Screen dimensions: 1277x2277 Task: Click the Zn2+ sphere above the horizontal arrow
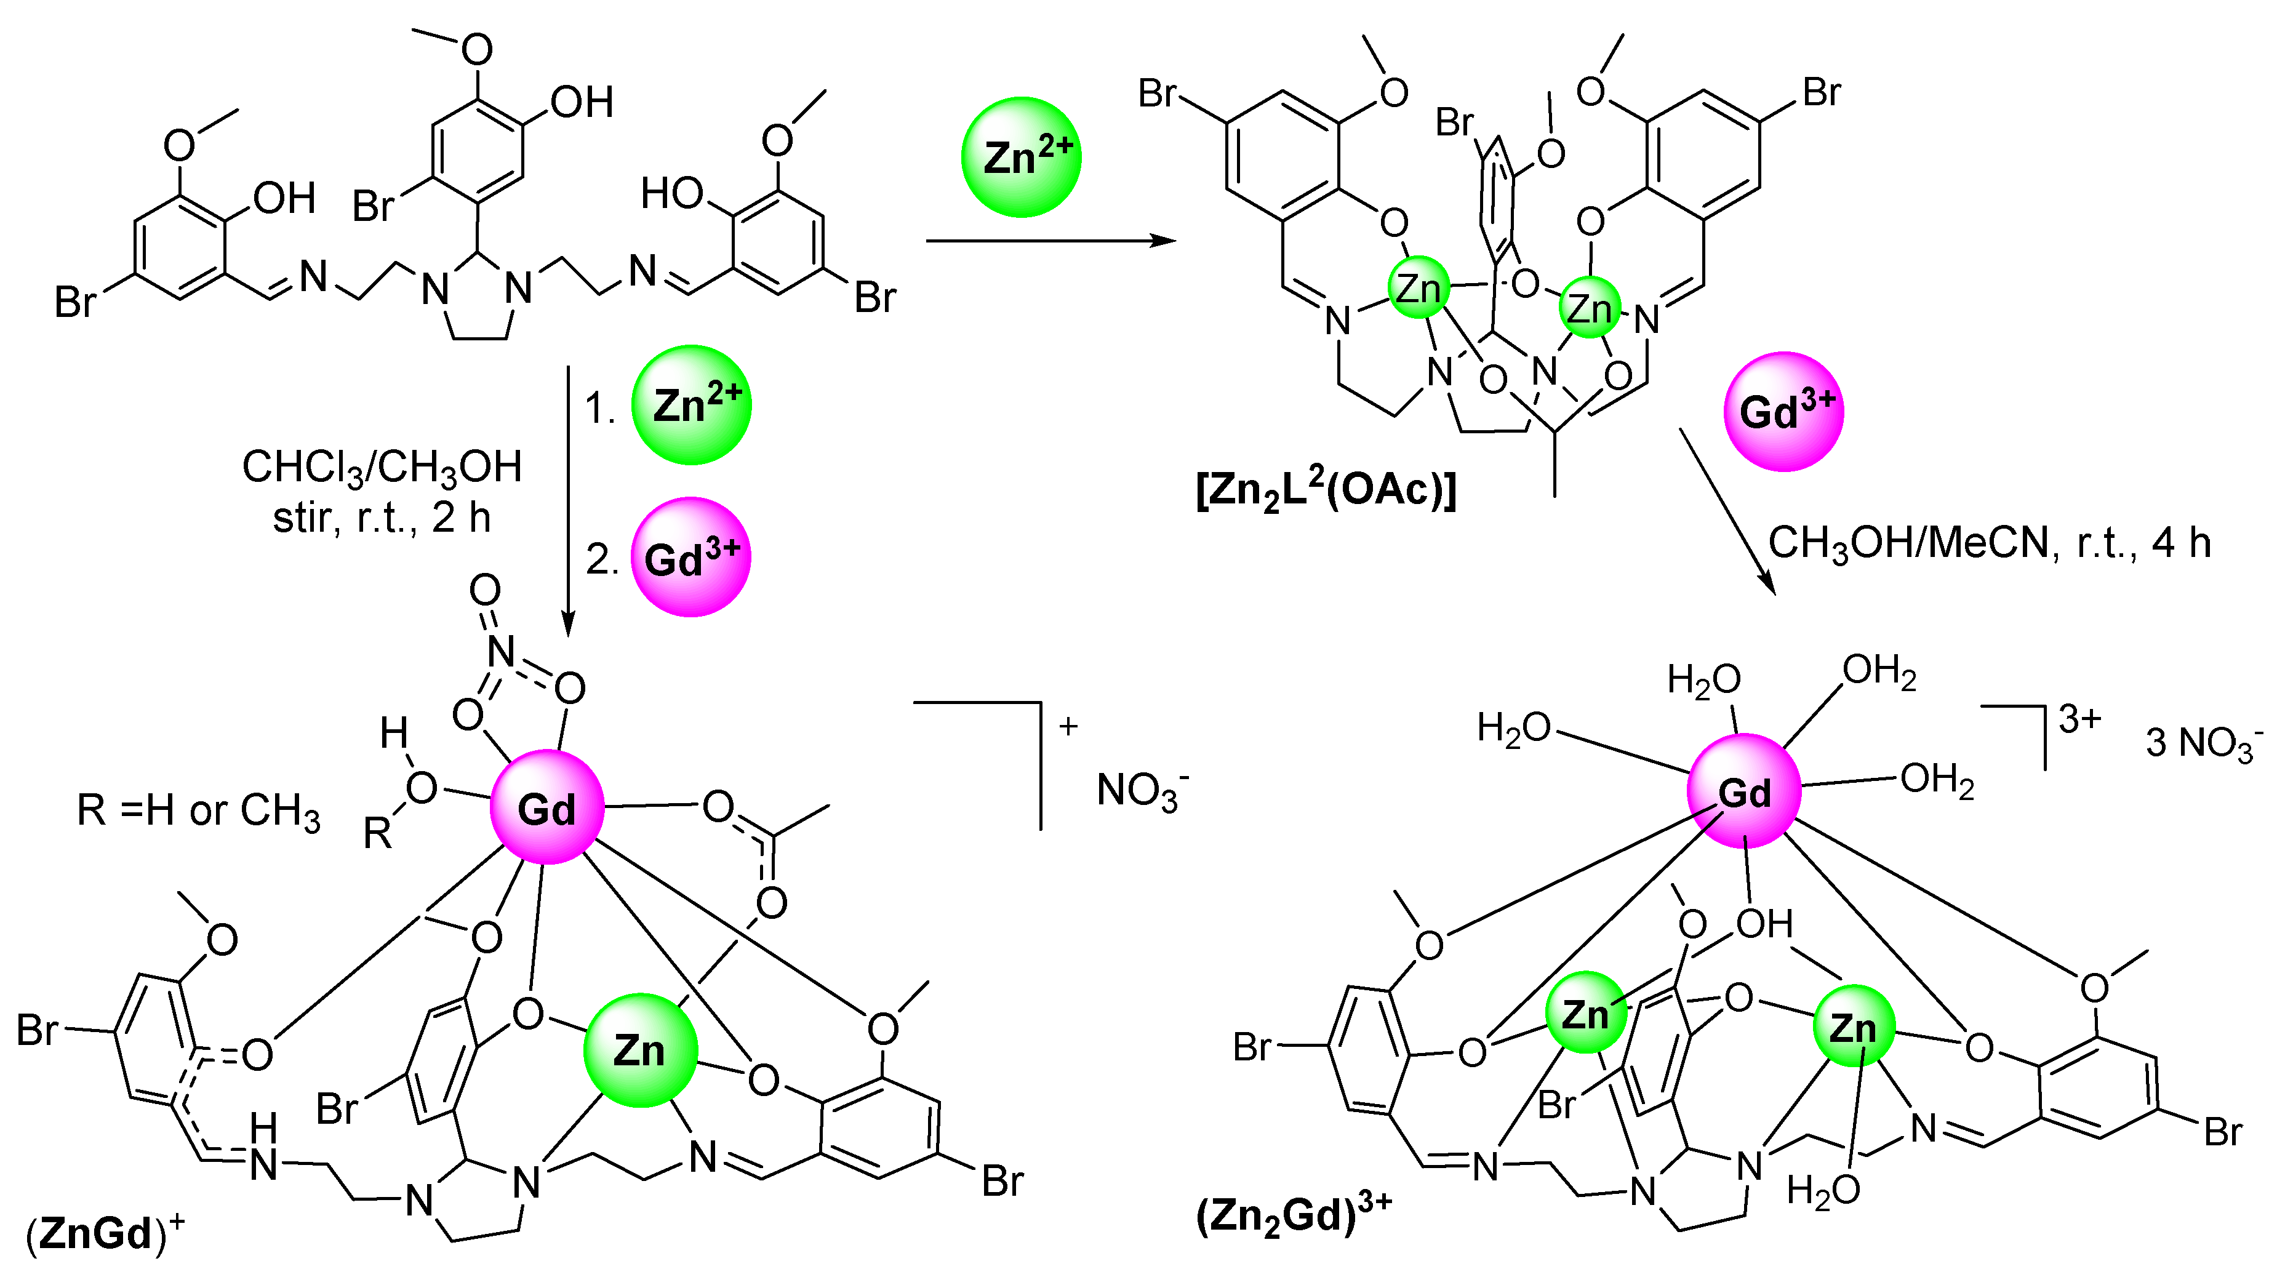click(1021, 158)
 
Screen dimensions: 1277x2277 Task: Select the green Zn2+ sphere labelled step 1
click(691, 405)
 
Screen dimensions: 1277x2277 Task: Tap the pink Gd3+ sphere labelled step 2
click(691, 557)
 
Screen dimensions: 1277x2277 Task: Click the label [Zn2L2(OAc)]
click(1326, 489)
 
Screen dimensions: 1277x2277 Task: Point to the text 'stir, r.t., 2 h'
click(382, 517)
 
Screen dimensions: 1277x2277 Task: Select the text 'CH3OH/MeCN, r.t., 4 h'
click(1989, 543)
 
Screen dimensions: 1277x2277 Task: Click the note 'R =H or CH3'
click(198, 809)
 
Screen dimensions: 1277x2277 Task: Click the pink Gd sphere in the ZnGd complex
click(547, 807)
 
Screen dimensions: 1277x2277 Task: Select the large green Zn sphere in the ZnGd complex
click(640, 1051)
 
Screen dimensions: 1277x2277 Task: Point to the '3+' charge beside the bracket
click(2079, 719)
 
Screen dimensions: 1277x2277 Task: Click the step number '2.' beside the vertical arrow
click(601, 559)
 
